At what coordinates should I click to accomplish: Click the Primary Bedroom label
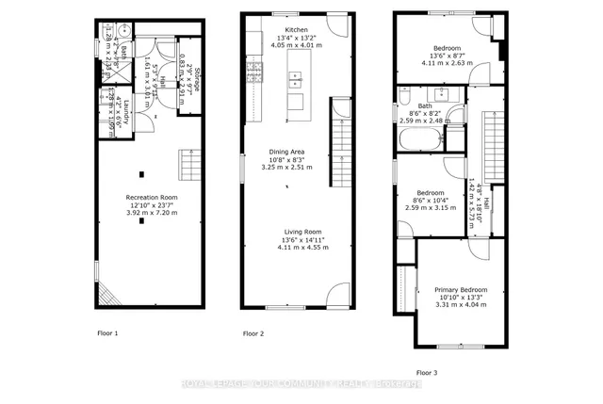461,289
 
